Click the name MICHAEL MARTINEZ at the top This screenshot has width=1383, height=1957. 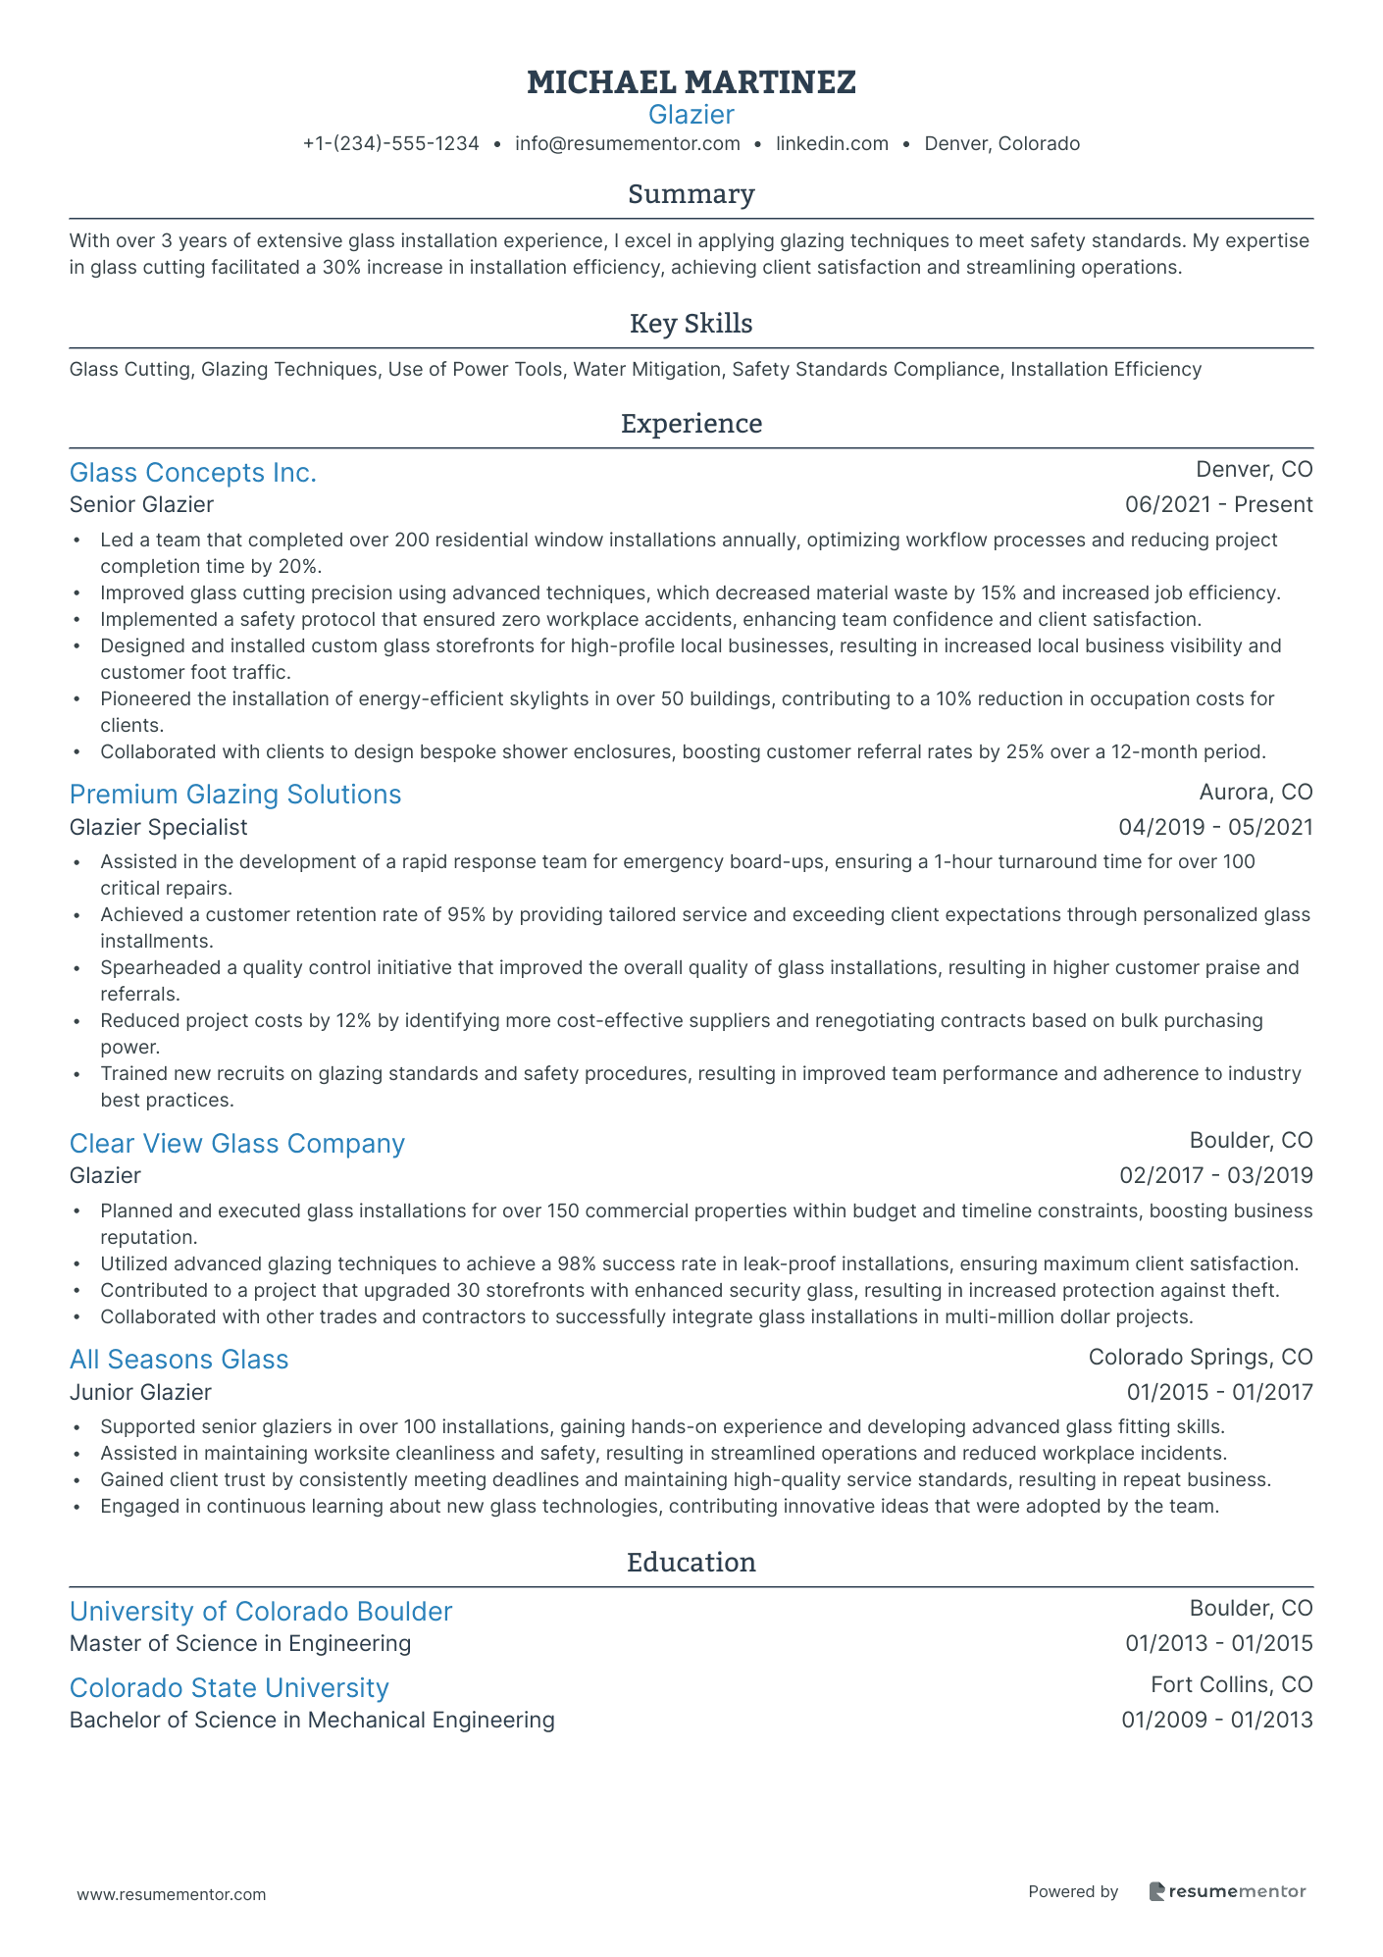[x=691, y=82]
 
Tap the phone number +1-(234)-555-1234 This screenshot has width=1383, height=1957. [x=390, y=144]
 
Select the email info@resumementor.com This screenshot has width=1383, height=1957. [x=627, y=144]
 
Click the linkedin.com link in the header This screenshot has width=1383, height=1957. [x=832, y=144]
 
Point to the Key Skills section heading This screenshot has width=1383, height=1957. [x=691, y=324]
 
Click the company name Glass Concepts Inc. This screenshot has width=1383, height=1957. [x=193, y=473]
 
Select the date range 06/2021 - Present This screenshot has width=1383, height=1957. [x=1218, y=505]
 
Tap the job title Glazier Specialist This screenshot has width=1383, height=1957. [x=158, y=827]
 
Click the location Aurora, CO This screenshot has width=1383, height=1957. [x=1255, y=792]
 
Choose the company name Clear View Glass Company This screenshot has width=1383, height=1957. [x=236, y=1144]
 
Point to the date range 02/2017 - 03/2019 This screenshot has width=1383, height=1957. [x=1215, y=1175]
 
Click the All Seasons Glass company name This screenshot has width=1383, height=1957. [x=179, y=1360]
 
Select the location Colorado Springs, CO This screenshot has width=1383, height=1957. [x=1200, y=1358]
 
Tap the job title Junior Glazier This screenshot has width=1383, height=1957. [x=140, y=1392]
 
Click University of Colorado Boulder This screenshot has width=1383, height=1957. [x=260, y=1612]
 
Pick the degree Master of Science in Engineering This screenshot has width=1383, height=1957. [x=240, y=1643]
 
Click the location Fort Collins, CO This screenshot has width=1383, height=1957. [x=1231, y=1685]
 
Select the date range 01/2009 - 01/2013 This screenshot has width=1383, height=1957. [x=1216, y=1720]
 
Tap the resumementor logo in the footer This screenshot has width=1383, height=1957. [x=1227, y=1892]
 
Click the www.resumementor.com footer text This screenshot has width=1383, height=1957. [x=172, y=1894]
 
